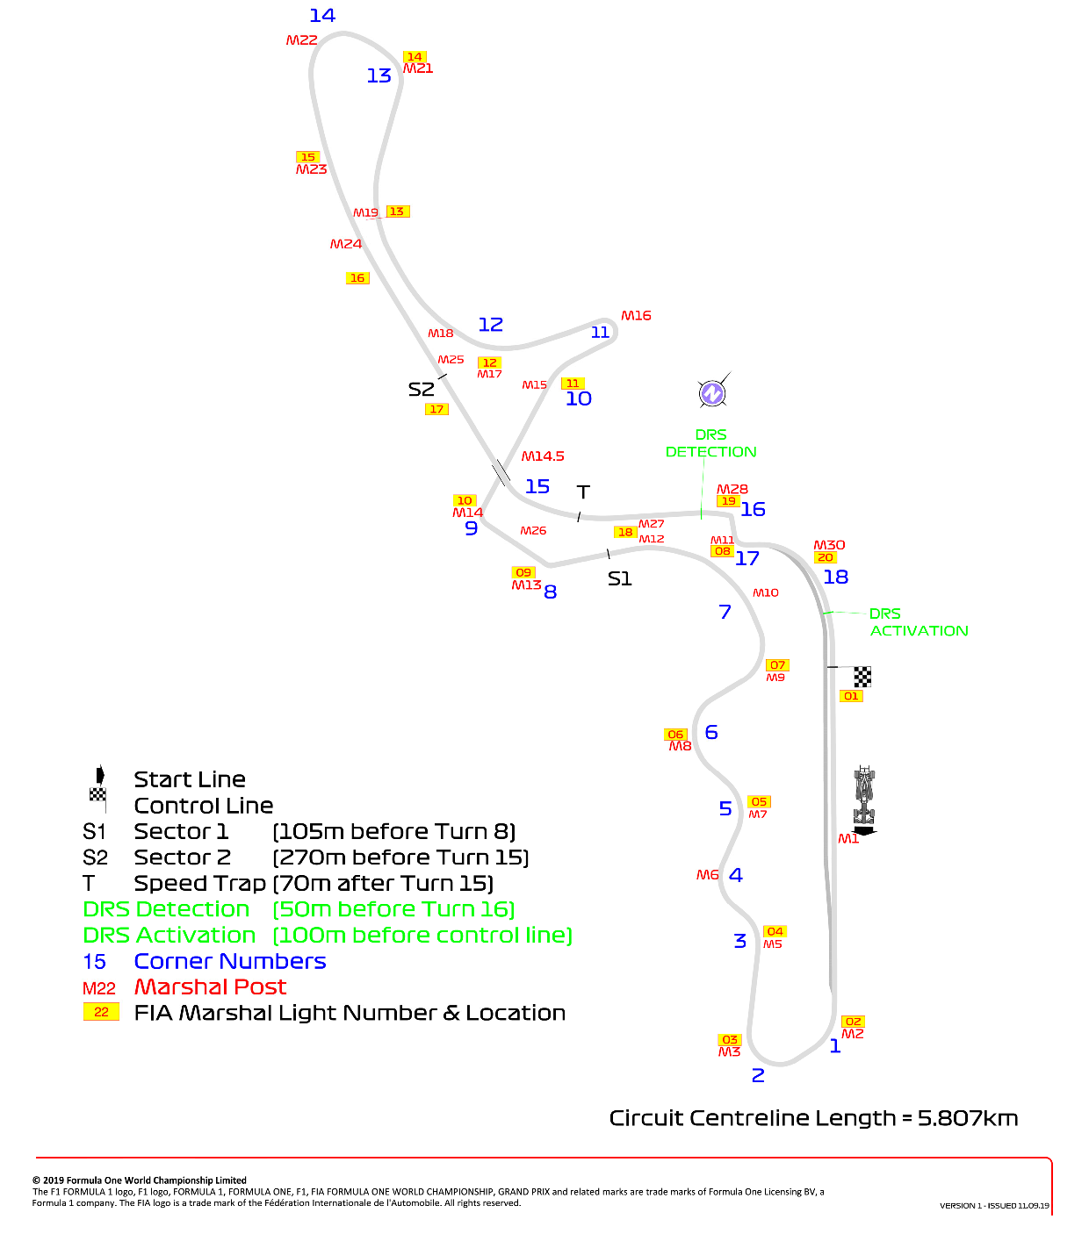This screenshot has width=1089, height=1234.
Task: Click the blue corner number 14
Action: (x=322, y=15)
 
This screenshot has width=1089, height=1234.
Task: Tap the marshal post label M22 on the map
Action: (x=301, y=40)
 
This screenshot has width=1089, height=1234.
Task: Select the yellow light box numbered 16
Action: (x=357, y=278)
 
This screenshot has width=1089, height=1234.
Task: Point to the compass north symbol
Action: (x=711, y=393)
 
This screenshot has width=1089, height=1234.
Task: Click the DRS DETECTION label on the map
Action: (x=710, y=443)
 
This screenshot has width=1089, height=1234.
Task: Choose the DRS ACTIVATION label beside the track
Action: (x=919, y=622)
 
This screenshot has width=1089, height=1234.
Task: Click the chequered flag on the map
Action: (x=862, y=677)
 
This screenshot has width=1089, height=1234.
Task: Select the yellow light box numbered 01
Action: (x=851, y=696)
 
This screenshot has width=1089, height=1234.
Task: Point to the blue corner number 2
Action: (x=758, y=1075)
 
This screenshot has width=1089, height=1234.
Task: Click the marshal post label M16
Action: (x=636, y=315)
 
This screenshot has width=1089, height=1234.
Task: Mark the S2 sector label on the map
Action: (x=421, y=389)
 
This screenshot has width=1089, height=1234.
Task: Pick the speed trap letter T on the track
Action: (x=583, y=491)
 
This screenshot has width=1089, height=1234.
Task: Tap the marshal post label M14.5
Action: (x=543, y=456)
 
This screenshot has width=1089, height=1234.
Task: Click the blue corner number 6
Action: (x=711, y=732)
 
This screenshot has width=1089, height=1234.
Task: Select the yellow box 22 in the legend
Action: (x=101, y=1012)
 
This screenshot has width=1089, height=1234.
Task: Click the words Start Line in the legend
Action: (x=190, y=779)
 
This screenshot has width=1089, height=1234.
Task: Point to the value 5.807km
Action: (x=968, y=1118)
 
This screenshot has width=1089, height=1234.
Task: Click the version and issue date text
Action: (x=994, y=1205)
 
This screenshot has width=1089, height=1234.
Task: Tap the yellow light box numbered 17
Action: (x=436, y=409)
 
